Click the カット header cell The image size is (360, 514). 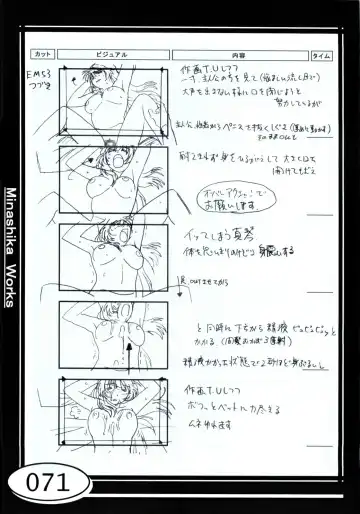(43, 57)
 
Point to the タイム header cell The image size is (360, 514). (321, 57)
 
